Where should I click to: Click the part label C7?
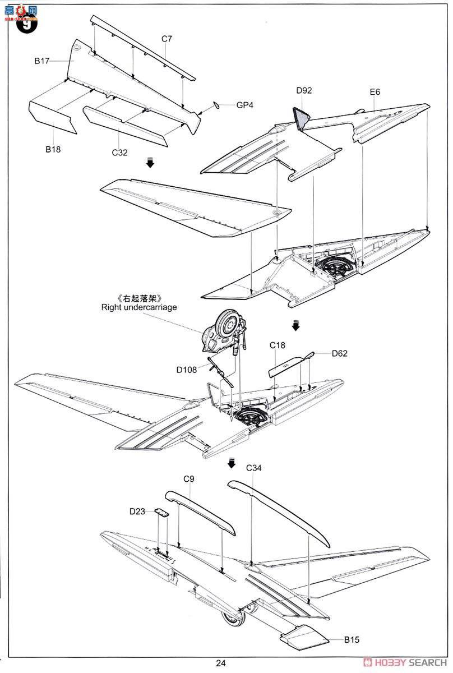(167, 39)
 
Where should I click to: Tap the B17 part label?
(41, 61)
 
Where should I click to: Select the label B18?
(53, 149)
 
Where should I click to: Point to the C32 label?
(119, 153)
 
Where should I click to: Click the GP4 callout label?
(245, 105)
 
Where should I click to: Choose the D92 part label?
(304, 90)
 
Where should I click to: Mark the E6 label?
(375, 92)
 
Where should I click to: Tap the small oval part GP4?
(216, 105)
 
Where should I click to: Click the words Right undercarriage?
(139, 307)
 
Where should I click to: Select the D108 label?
(187, 370)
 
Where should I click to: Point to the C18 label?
(278, 345)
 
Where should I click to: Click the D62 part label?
(339, 354)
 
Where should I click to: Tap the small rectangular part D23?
(161, 512)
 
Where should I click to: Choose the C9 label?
(189, 479)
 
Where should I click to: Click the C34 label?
(254, 468)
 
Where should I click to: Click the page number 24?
(221, 663)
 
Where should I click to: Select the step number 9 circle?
(27, 24)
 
